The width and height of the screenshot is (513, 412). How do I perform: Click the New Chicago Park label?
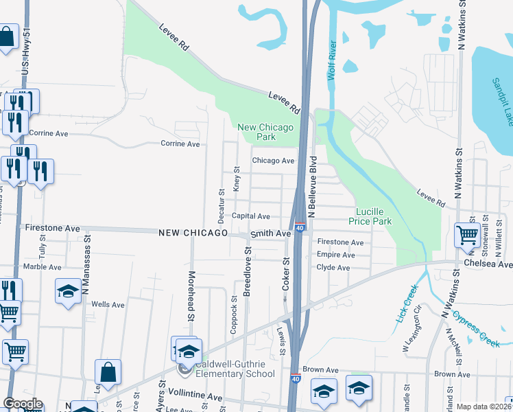coord(265,132)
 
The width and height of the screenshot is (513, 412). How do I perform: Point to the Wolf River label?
coord(332,60)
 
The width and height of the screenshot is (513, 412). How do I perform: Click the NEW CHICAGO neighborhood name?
coord(193,233)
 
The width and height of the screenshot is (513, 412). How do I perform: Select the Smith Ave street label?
coord(270,233)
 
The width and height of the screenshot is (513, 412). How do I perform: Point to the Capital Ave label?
coord(250,216)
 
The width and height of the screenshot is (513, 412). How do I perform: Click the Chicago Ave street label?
coord(273,161)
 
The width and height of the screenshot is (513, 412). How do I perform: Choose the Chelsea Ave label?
coord(488,264)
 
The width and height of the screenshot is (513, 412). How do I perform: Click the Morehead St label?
coord(191,295)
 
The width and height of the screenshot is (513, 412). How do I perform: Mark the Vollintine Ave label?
coord(199,397)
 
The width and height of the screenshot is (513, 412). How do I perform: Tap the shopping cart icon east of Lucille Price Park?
coord(467,236)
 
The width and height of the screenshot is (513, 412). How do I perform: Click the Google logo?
coord(23,404)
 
